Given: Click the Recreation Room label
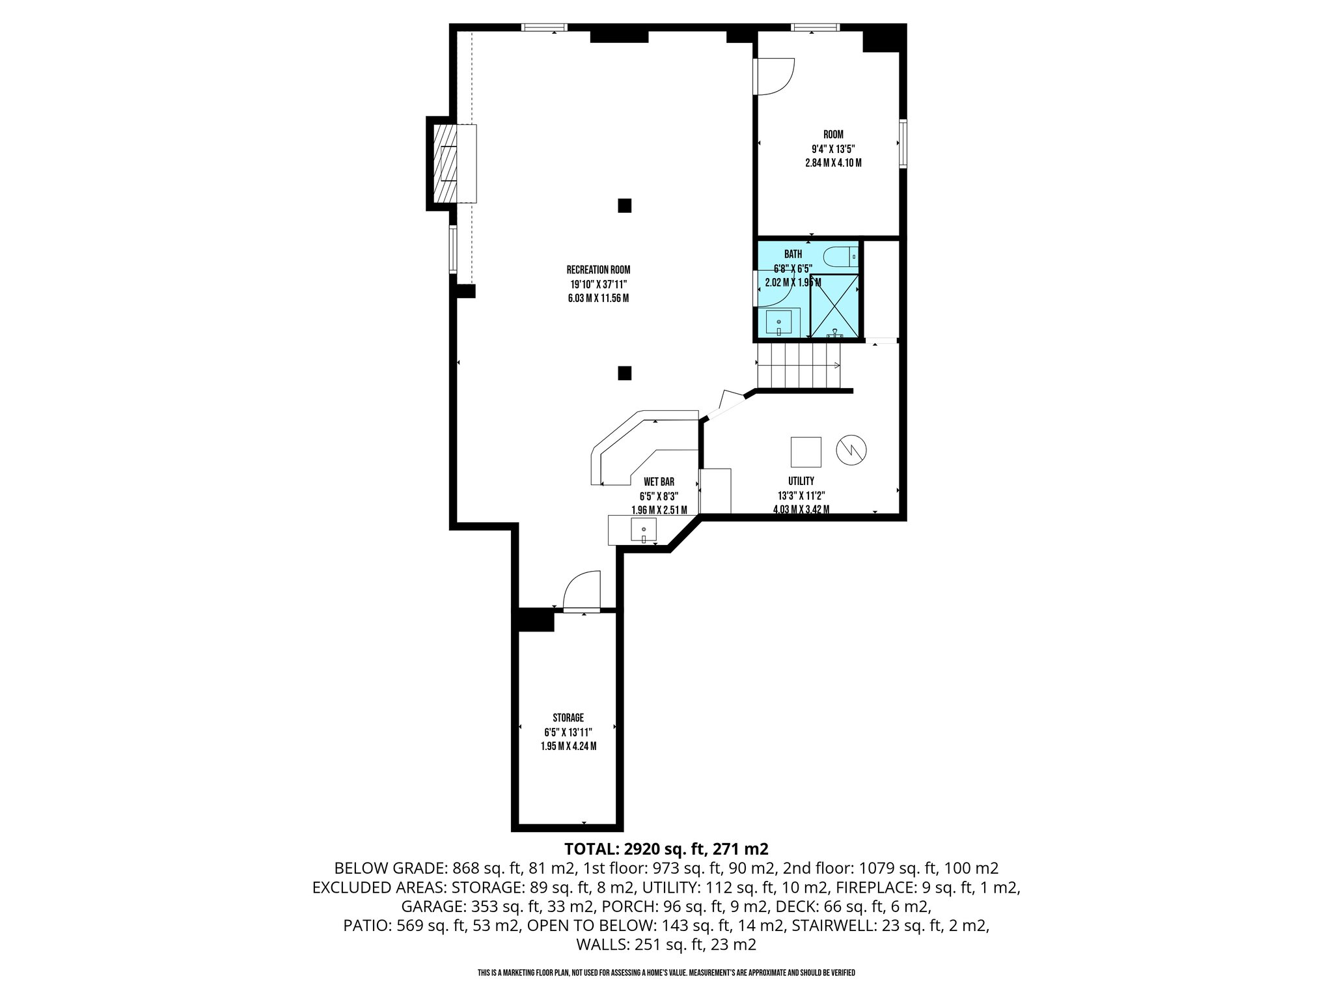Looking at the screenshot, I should tap(598, 270).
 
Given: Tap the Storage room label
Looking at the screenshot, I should tap(568, 718).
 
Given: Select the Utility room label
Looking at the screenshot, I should tap(801, 481).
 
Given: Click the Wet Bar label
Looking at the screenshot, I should tap(659, 482).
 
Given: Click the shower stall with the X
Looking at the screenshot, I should tap(834, 306).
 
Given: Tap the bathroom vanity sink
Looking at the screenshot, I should tap(778, 323).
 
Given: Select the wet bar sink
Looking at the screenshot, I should tap(643, 529).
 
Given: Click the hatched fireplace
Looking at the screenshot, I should tap(447, 163).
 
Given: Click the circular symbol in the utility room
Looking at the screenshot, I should tap(852, 449).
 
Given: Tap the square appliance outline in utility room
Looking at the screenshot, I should tap(806, 451).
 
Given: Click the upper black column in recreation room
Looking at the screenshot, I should tap(624, 205).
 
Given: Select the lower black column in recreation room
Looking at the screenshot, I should tap(624, 373).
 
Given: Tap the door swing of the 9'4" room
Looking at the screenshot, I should tap(775, 76).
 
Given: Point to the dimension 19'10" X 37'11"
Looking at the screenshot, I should tap(598, 284).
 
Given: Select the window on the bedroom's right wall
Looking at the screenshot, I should tap(903, 143).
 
